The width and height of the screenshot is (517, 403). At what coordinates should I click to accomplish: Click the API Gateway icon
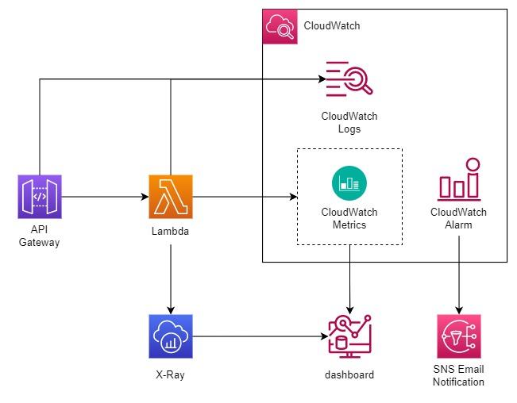tap(39, 197)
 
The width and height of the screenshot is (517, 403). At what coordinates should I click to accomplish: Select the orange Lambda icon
tap(171, 197)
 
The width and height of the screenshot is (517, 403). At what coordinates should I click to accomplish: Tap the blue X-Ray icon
tap(171, 336)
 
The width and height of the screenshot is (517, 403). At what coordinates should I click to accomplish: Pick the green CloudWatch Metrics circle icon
tap(349, 183)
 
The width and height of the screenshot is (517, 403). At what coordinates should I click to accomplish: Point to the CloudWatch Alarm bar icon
tap(459, 180)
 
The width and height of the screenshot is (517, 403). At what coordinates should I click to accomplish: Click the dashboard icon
tap(349, 336)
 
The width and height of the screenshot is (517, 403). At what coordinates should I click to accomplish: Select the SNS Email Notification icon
tap(458, 336)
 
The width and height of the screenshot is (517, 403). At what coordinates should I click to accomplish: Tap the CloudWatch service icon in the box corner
tap(280, 27)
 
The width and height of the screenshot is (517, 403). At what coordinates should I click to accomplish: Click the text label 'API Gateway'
tap(39, 236)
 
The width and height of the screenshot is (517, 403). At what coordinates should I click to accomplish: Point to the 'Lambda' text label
tap(171, 231)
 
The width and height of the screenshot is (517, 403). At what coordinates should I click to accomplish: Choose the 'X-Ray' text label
tap(171, 374)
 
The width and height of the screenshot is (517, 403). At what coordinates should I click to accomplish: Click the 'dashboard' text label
tap(349, 374)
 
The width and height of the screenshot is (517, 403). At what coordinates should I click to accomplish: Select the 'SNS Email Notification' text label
tap(458, 376)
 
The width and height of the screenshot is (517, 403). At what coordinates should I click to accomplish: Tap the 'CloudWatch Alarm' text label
tap(459, 218)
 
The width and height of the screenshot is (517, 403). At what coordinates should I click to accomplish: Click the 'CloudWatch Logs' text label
tap(349, 122)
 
